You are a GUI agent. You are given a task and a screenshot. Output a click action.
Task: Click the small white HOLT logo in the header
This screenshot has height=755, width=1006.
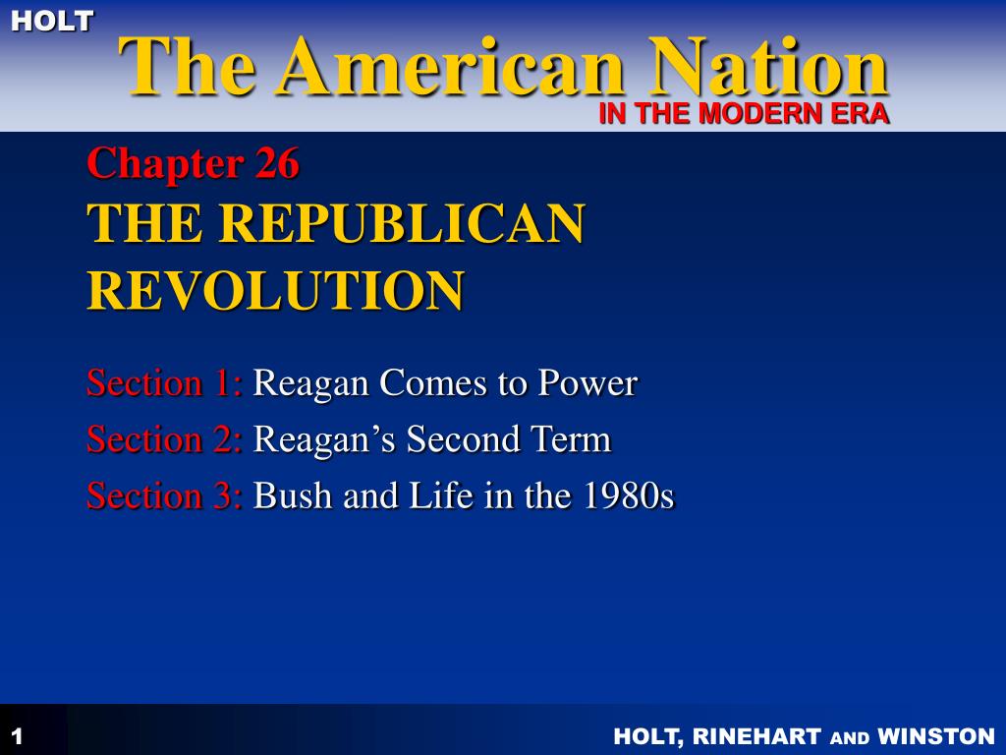coord(52,20)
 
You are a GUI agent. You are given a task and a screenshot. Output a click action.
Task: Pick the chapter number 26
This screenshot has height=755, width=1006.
coord(277,162)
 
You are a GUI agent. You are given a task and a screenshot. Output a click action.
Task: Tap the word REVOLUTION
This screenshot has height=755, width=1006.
coord(275,290)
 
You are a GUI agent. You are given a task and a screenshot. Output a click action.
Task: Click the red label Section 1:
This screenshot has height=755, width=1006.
coord(164,382)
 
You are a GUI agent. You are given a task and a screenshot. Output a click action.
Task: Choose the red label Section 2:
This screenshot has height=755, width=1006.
coord(164,438)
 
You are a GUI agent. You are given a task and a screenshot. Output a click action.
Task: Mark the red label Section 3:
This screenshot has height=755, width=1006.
coord(164,495)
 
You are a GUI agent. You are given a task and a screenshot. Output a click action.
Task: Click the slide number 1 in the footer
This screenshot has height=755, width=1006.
coord(17,736)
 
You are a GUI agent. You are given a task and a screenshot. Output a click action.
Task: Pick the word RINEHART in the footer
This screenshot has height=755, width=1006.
coord(758,736)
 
